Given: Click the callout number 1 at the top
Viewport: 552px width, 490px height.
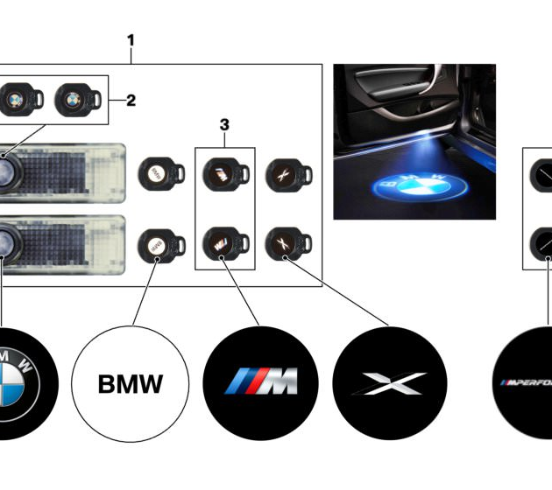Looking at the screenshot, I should (131, 39).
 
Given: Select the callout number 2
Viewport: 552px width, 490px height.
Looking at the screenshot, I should (131, 100).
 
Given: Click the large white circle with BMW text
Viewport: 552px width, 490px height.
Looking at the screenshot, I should (129, 382).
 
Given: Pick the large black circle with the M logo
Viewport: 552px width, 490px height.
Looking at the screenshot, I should (259, 382).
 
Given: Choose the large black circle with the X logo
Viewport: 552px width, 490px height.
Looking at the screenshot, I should (390, 382).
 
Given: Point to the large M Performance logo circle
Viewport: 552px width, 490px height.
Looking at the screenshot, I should (526, 382).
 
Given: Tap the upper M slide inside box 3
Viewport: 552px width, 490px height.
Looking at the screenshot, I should (216, 173).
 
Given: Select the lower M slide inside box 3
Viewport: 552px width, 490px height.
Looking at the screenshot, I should (216, 241).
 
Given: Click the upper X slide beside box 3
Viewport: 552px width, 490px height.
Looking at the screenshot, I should (283, 173).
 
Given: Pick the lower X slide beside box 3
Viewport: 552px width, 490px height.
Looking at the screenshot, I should (283, 241).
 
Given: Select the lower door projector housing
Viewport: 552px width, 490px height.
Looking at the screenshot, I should (61, 240).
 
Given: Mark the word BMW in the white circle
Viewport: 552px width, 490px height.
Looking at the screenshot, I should (129, 383).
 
